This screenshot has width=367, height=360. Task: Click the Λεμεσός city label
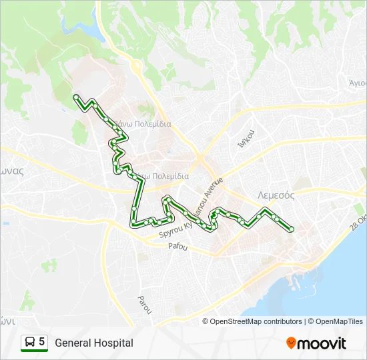click(x=276, y=195)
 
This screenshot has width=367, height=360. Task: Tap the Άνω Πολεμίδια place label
click(x=142, y=123)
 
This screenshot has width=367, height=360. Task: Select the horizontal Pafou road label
click(x=177, y=247)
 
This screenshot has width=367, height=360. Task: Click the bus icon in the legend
click(x=30, y=342)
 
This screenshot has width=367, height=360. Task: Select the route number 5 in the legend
click(x=42, y=342)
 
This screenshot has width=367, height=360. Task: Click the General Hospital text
click(x=94, y=343)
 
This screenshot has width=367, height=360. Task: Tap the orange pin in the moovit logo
click(x=291, y=343)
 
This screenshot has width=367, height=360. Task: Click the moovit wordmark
click(x=322, y=343)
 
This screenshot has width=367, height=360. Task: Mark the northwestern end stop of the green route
click(x=75, y=97)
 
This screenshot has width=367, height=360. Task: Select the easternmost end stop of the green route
click(x=292, y=229)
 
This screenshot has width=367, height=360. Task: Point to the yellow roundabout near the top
click(x=135, y=66)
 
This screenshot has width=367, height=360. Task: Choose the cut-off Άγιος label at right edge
click(x=357, y=83)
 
